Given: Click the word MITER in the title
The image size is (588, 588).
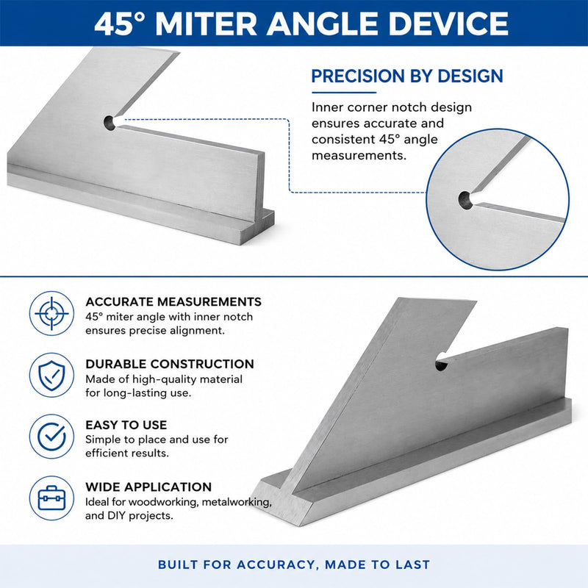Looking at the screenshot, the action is coord(206,24).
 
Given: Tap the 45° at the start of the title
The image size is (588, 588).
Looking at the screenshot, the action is coord(120,24).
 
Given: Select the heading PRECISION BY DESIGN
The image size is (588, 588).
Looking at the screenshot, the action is coord(407,76).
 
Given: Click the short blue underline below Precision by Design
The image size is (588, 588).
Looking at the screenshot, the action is coord(344,93).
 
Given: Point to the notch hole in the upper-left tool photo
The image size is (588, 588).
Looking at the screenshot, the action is coord(110,123).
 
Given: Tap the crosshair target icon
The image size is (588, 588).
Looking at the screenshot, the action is coord(51,314).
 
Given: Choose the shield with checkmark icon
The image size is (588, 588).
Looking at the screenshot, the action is coord(51,375).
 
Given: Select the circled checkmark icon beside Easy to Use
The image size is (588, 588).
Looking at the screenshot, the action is coord(51,437).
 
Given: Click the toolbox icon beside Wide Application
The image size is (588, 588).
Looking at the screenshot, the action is coord(51,498).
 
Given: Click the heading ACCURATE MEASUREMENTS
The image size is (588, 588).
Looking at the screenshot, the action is coord(173,302).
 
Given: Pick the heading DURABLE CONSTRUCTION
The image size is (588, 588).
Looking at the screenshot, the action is coord(170,364).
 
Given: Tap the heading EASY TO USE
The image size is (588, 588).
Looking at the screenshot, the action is coord(126,426).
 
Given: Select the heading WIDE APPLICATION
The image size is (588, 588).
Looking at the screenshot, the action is coord(148,487).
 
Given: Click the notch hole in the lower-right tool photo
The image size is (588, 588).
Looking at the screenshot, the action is coord(442,362).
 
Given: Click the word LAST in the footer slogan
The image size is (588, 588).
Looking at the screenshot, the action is coord(413,564).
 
